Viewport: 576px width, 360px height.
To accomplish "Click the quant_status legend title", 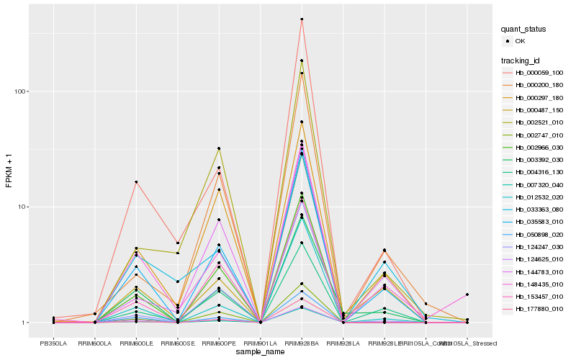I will pos(523,30).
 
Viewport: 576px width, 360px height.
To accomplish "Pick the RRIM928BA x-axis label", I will pos(302,343).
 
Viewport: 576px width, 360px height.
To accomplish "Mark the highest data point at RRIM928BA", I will pos(302,19).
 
